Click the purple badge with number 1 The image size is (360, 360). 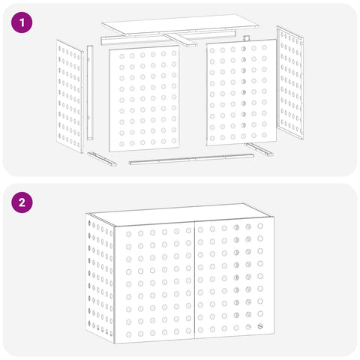[22, 22]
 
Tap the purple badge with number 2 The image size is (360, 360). [22, 202]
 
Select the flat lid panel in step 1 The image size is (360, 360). [180, 24]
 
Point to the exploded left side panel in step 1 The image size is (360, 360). [70, 96]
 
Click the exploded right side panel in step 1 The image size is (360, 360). [290, 82]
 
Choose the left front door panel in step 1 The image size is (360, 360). [144, 98]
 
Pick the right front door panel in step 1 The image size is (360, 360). [241, 92]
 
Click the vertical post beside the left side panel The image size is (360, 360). [90, 93]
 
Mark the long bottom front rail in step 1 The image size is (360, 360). [191, 159]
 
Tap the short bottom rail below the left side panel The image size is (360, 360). [102, 159]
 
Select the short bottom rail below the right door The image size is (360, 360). [259, 149]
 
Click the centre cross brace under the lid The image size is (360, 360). [180, 40]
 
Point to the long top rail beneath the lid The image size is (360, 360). [168, 37]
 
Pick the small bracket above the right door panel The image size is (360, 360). [247, 38]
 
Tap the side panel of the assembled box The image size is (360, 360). [100, 278]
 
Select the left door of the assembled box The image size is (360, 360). [154, 283]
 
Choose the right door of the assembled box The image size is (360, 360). [234, 277]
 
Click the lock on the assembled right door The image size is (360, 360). [260, 326]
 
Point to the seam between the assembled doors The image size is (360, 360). [194, 280]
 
